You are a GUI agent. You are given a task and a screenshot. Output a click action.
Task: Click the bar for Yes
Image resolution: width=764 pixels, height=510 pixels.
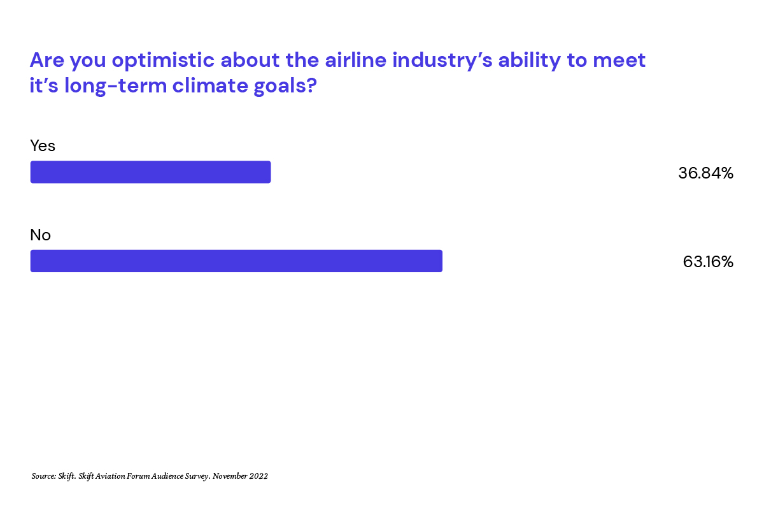click(x=150, y=172)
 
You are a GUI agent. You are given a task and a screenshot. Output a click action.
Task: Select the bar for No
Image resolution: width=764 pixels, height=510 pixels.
click(x=236, y=261)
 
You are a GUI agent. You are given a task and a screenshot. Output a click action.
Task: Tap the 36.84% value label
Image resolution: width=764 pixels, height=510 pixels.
click(x=705, y=173)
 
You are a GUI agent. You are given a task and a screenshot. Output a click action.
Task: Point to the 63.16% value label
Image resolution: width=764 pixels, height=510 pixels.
click(x=708, y=261)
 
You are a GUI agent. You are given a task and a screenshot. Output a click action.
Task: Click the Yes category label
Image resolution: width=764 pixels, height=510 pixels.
click(x=43, y=145)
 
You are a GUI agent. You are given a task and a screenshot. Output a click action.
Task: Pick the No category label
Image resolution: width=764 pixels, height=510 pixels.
click(x=40, y=235)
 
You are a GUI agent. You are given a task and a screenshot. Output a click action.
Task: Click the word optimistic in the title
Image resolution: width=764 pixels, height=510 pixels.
click(x=163, y=61)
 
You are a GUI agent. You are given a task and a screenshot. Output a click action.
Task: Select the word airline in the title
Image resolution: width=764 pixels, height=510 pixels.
click(x=355, y=60)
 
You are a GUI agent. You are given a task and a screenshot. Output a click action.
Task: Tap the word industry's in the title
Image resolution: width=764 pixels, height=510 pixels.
click(x=442, y=61)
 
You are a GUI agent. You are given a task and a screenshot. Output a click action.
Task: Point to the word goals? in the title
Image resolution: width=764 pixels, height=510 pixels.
click(x=285, y=86)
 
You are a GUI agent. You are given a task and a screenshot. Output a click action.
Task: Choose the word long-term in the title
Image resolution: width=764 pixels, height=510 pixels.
click(x=115, y=86)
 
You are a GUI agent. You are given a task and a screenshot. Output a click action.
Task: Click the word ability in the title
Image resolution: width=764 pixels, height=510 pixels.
click(x=529, y=61)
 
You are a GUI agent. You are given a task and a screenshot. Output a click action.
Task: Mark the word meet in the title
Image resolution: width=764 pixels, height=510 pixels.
click(x=619, y=61)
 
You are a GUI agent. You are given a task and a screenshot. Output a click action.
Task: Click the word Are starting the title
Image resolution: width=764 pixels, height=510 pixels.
click(x=46, y=60)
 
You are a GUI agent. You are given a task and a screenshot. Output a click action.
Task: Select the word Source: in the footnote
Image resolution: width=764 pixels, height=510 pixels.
click(x=44, y=476)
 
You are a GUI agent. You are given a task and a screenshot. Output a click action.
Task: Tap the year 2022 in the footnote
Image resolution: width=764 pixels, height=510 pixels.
click(x=258, y=476)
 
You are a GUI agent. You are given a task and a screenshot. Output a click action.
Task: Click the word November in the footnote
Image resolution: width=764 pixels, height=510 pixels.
click(x=230, y=476)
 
